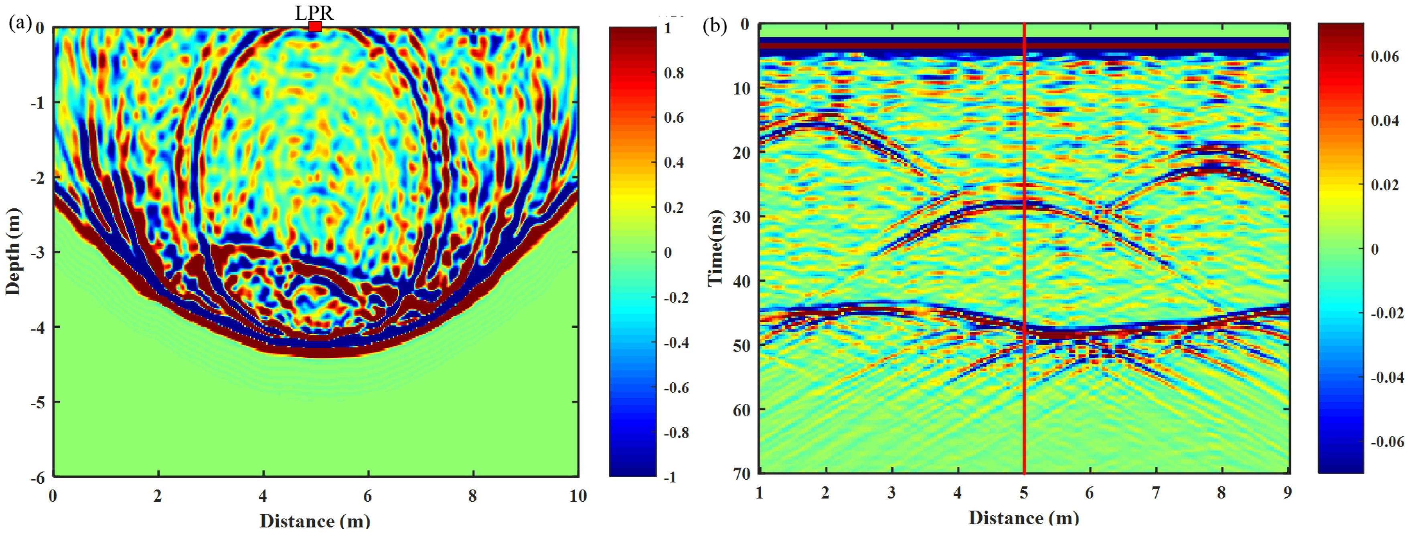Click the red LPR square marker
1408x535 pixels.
[x=315, y=27]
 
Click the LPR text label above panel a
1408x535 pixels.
[x=314, y=12]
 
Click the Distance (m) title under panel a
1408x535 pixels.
[x=315, y=521]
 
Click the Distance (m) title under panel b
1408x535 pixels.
[x=1024, y=517]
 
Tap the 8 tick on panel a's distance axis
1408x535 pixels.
[x=473, y=496]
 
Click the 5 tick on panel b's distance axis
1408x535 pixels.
[x=1024, y=493]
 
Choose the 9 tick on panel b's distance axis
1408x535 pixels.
[x=1288, y=493]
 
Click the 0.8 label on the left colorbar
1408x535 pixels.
[x=673, y=73]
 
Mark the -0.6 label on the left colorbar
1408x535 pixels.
[x=676, y=388]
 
